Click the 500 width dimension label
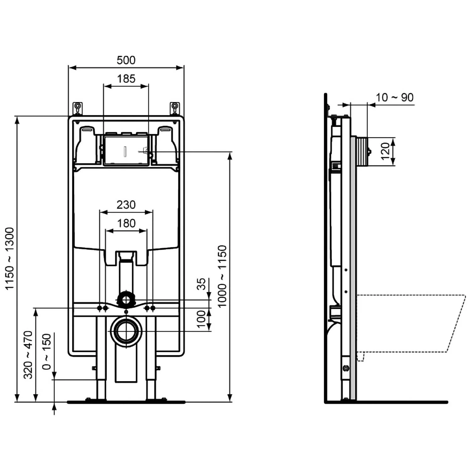point(126,60)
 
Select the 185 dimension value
point(126,78)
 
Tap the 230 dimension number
point(126,205)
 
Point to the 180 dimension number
point(126,223)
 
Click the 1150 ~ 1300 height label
point(10,258)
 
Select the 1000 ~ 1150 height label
point(222,276)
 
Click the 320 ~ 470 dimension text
point(28,355)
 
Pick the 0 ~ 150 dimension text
point(46,352)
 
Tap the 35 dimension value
point(201,284)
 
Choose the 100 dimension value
point(201,319)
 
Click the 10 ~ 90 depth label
point(394,97)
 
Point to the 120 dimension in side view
point(385,151)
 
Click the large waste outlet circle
point(126,332)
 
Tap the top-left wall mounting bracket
point(78,108)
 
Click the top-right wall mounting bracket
point(175,108)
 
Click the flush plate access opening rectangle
point(126,150)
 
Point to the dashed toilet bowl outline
point(408,323)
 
